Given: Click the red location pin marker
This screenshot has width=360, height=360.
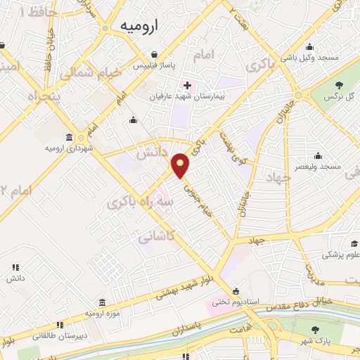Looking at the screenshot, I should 181,165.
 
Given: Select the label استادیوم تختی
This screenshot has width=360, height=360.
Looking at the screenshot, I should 236,302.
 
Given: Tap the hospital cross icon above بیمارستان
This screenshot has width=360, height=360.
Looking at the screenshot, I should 186,84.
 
